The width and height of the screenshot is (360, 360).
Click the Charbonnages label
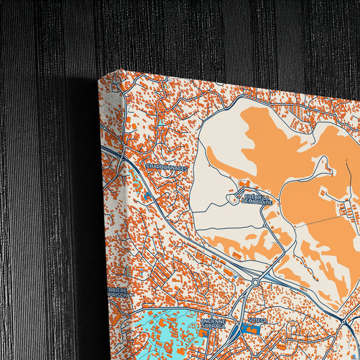[166, 167]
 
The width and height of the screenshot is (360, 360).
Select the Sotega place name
[258, 321]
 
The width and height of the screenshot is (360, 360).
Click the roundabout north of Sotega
[256, 280]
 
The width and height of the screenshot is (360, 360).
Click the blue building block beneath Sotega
[249, 330]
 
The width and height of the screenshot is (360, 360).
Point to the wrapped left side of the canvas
[108, 223]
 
